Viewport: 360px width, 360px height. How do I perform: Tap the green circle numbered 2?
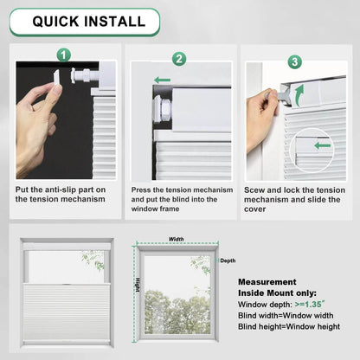coord(179,60)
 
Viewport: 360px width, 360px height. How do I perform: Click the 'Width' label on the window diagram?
coord(176,240)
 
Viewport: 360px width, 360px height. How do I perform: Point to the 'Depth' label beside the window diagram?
coord(227,260)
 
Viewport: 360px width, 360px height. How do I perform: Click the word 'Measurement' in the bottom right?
coord(269,282)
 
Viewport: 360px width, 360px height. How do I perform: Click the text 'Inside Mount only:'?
coord(276,293)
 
